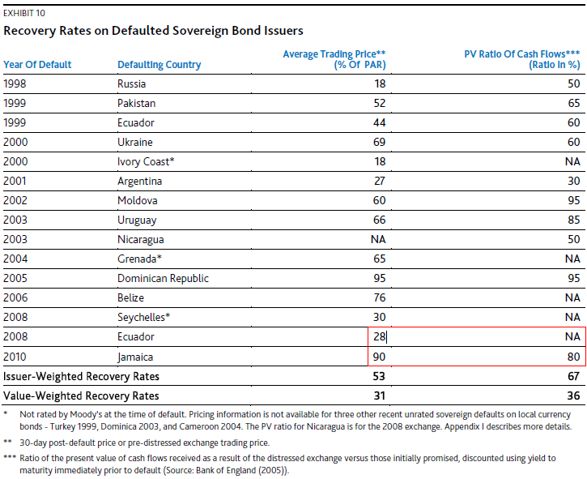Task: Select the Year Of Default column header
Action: tap(37, 65)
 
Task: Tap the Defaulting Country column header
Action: tap(160, 65)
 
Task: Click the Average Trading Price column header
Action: tap(334, 59)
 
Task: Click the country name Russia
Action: tap(133, 83)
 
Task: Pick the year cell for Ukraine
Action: tap(15, 142)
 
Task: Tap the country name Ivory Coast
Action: tap(146, 161)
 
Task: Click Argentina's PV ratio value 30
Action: tap(574, 181)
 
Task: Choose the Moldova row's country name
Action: tap(138, 200)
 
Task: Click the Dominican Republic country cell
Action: tap(163, 278)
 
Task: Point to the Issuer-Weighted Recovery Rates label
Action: tap(82, 376)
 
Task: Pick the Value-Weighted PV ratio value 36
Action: tap(574, 396)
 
